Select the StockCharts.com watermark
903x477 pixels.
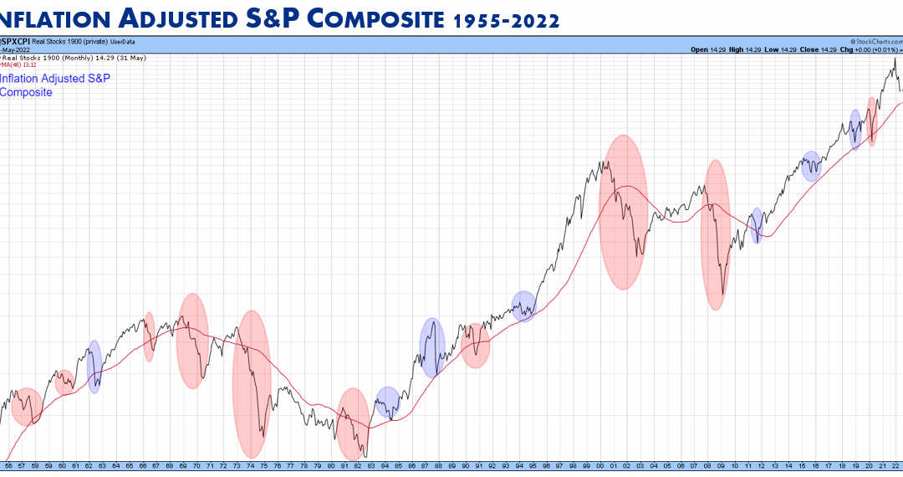coord(875,41)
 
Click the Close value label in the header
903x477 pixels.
coord(809,50)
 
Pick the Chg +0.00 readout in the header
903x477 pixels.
coord(861,50)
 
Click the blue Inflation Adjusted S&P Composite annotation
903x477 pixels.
coord(54,85)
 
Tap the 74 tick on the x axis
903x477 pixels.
coord(250,466)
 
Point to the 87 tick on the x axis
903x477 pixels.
coord(426,466)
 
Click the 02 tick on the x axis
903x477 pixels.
coord(627,466)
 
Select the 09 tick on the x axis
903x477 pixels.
coord(721,466)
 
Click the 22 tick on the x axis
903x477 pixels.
coord(896,466)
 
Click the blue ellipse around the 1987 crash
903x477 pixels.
coord(431,347)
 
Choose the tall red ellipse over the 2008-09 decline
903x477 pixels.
coord(715,235)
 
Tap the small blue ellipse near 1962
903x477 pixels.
coord(94,367)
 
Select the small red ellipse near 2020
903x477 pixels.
coord(872,121)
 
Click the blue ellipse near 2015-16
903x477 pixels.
coord(811,166)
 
